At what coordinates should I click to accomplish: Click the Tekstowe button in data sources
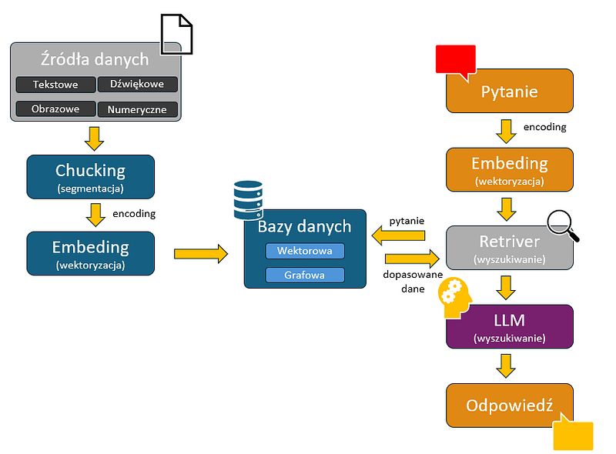click(x=55, y=85)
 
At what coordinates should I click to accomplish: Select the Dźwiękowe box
click(x=138, y=85)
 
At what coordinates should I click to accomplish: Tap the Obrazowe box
click(x=55, y=109)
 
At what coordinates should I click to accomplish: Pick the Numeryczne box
click(x=138, y=109)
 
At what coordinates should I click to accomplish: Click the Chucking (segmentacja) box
click(x=90, y=177)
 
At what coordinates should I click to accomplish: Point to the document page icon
click(x=176, y=35)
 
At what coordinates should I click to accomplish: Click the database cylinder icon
click(x=248, y=199)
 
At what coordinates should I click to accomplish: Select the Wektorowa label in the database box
click(x=305, y=251)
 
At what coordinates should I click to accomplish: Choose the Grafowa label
click(x=305, y=275)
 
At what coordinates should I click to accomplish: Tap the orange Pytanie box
click(x=510, y=92)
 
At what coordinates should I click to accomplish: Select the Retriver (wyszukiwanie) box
click(x=510, y=247)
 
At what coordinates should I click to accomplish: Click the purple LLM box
click(x=510, y=327)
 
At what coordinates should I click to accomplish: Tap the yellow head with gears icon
click(x=454, y=299)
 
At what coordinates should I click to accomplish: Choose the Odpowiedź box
click(x=510, y=406)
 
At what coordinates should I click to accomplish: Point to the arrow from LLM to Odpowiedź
click(x=506, y=366)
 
